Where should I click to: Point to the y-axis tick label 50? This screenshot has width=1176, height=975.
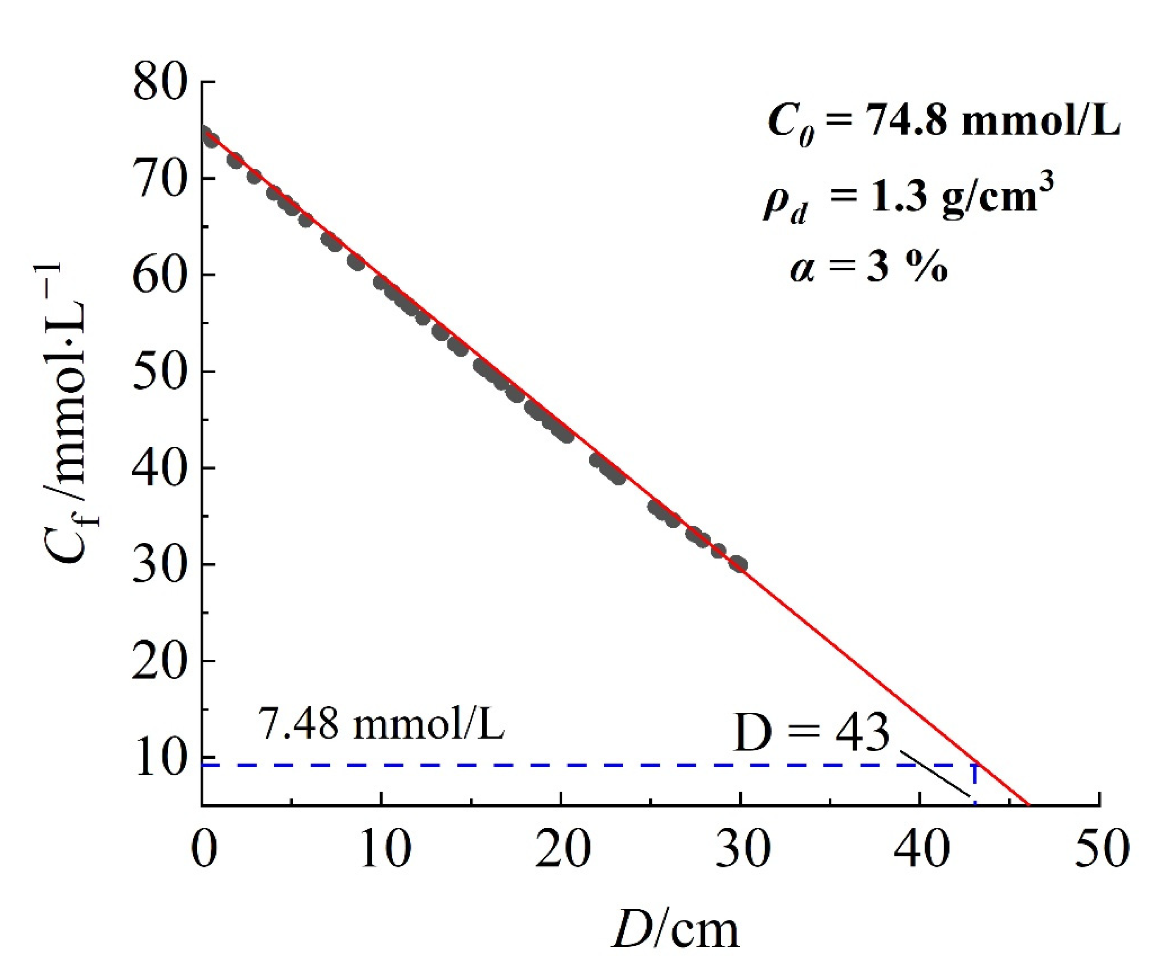tap(159, 372)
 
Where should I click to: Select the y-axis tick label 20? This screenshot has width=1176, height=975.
tap(159, 661)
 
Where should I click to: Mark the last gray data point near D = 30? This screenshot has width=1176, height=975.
tap(739, 564)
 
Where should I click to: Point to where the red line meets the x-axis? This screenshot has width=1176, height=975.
tap(1028, 805)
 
